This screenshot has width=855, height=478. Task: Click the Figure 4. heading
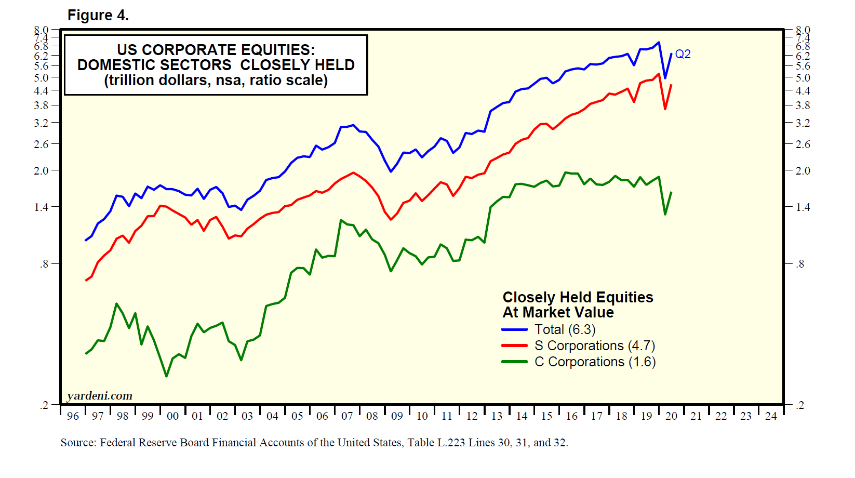pos(98,16)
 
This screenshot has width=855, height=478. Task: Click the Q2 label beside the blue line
pos(683,54)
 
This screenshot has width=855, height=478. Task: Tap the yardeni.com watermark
pos(100,396)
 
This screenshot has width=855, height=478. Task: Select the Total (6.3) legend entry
pos(565,329)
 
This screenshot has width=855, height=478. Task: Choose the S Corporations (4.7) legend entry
pos(594,346)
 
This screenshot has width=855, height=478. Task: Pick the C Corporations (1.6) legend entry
pos(595,362)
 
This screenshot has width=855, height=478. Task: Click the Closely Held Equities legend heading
pos(578,297)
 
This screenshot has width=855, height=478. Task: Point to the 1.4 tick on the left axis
pos(41,207)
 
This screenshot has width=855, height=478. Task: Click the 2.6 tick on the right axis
pos(803,144)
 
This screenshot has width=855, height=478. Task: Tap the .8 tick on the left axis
pos(44,264)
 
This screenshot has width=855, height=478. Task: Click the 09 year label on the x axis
pos(397,416)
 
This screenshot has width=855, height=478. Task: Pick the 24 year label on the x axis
pos(771,416)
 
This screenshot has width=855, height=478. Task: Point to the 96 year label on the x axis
pos(73,416)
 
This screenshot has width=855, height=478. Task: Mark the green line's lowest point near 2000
pos(166,376)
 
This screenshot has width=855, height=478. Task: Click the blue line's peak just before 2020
pos(659,43)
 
